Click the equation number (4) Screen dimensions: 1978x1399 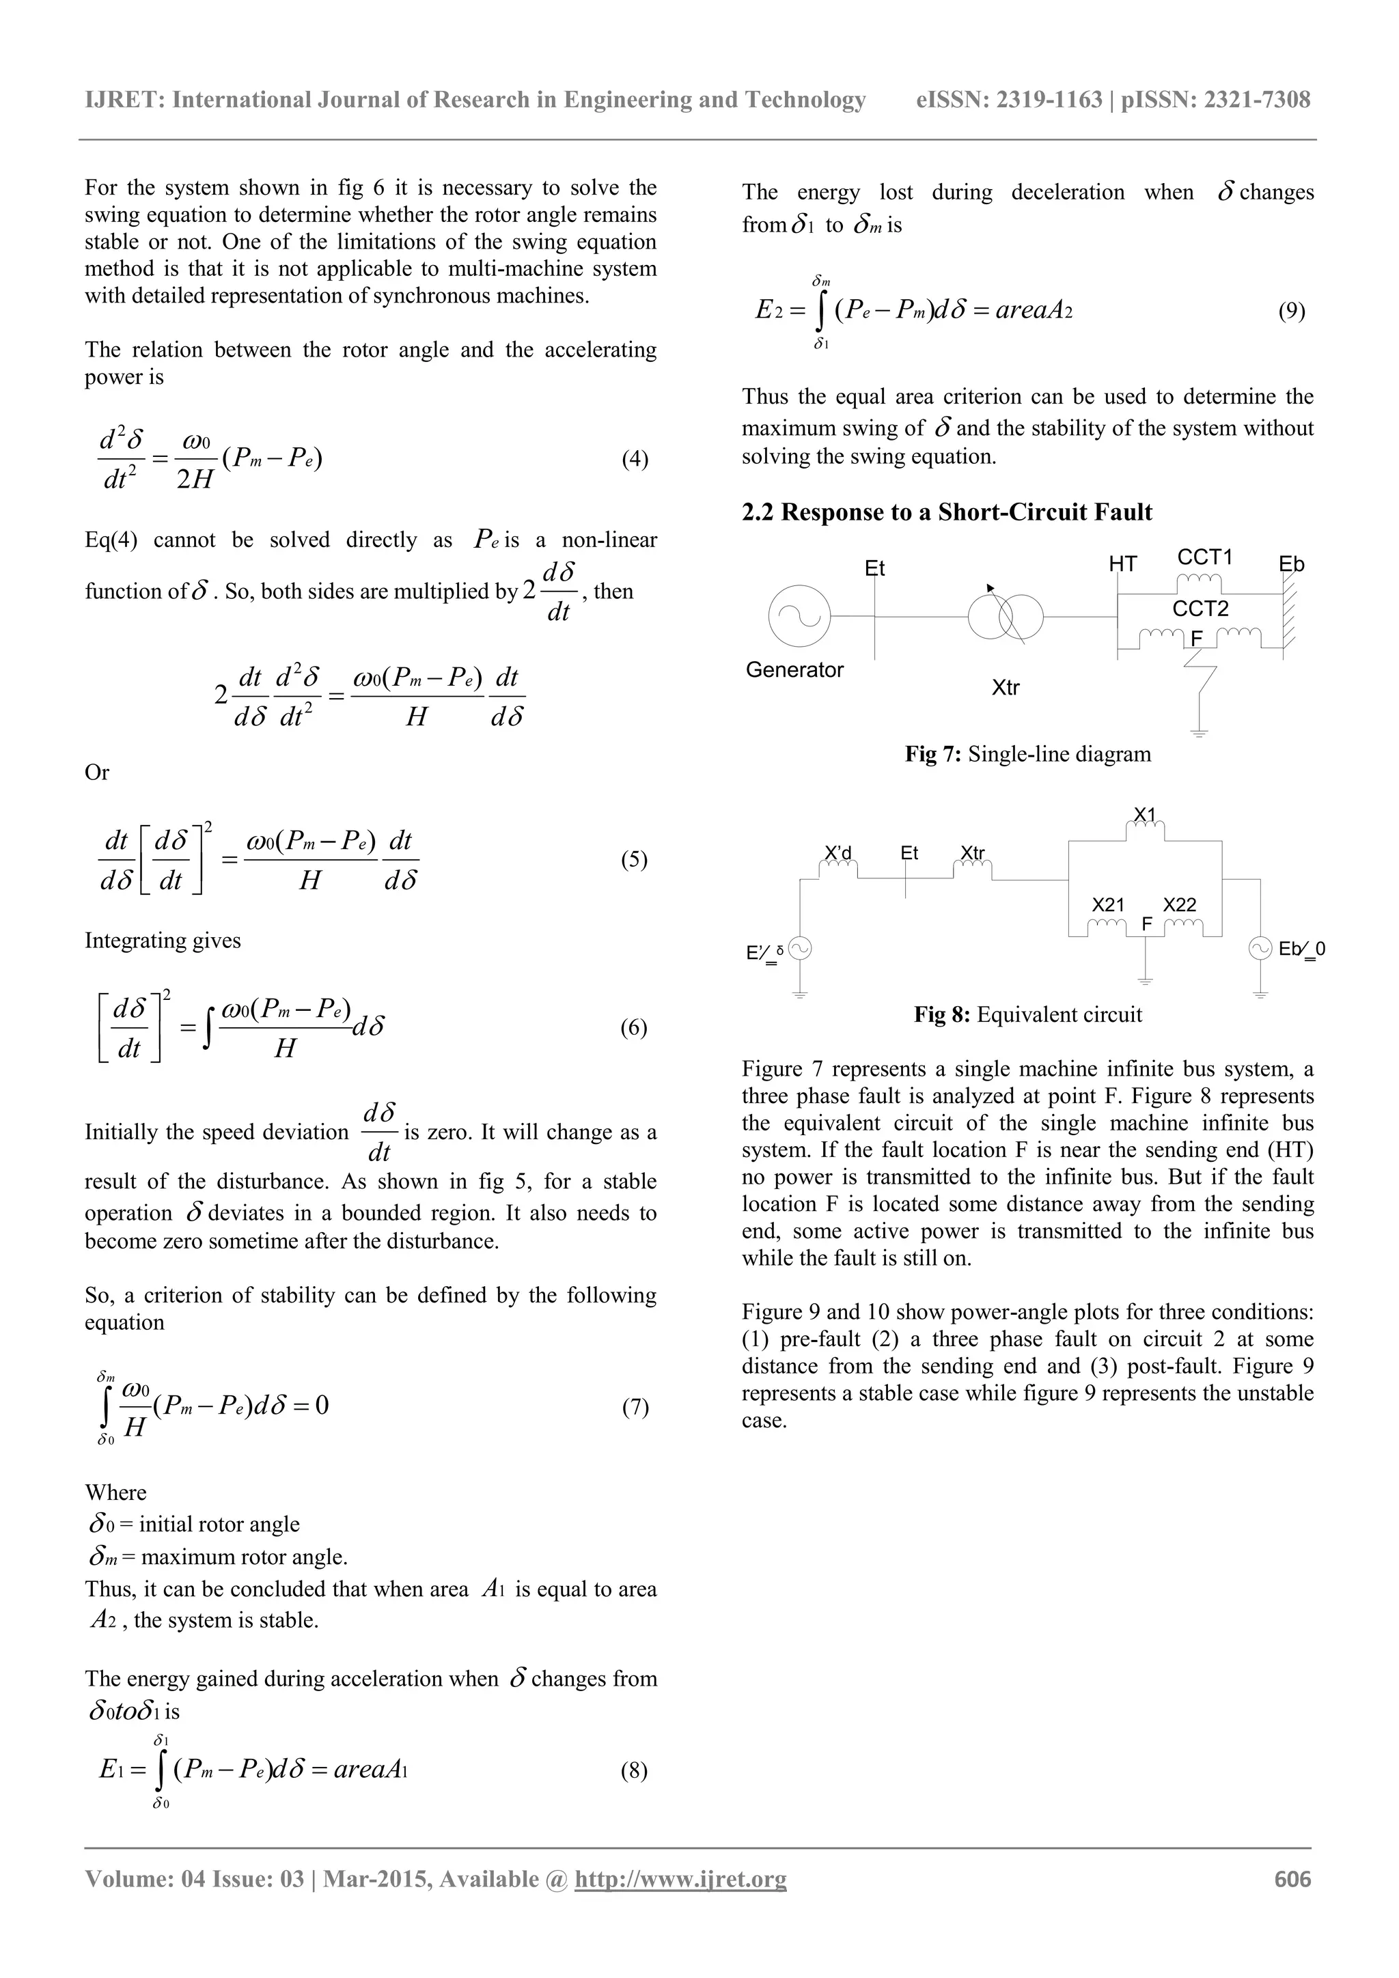pos(635,459)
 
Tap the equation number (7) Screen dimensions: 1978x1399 pos(635,1408)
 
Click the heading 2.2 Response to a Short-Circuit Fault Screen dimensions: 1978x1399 pos(947,512)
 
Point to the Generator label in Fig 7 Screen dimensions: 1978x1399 pos(794,669)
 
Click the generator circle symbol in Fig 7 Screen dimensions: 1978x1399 pos(799,616)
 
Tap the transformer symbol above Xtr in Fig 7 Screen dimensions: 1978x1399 pos(1006,617)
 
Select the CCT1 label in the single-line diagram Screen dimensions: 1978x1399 pos(1204,557)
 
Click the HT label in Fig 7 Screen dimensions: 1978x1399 pos(1122,564)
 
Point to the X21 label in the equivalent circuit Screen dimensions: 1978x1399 pos(1108,904)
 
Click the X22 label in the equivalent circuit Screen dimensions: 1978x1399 pos(1179,904)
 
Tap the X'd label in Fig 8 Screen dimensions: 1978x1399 pos(837,853)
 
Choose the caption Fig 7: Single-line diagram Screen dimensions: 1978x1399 pos(1027,755)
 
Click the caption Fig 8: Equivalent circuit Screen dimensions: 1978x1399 pos(1027,1015)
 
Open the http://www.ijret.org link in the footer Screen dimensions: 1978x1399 pos(680,1879)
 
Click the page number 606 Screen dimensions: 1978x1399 pos(1292,1879)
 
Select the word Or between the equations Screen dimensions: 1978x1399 pos(96,772)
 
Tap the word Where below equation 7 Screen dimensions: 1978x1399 pos(115,1493)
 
